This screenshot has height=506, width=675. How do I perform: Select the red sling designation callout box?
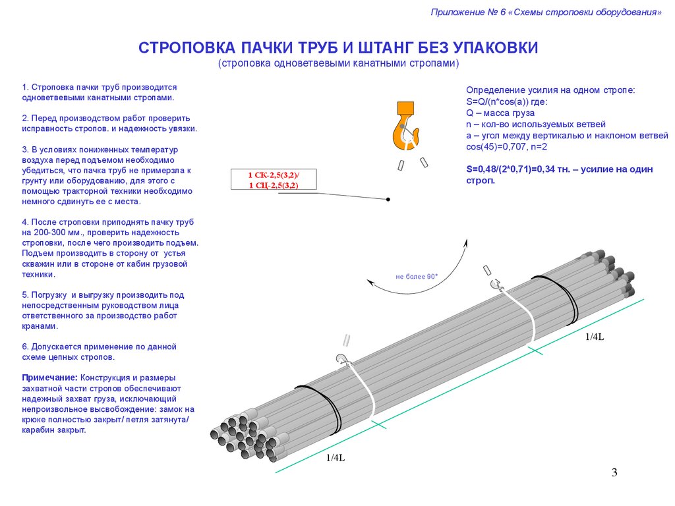(x=274, y=179)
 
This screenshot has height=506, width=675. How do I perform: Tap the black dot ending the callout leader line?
(x=388, y=199)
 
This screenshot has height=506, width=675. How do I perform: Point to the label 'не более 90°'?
(x=417, y=277)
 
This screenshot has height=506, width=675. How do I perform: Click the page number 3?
(x=614, y=472)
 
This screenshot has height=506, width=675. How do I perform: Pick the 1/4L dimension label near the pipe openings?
(x=336, y=458)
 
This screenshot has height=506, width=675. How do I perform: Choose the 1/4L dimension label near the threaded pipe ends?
(x=595, y=337)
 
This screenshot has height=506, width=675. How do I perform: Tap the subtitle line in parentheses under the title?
(x=338, y=63)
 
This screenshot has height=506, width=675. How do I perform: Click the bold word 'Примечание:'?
(x=49, y=378)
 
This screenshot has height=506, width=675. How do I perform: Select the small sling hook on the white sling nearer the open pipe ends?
(x=343, y=360)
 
